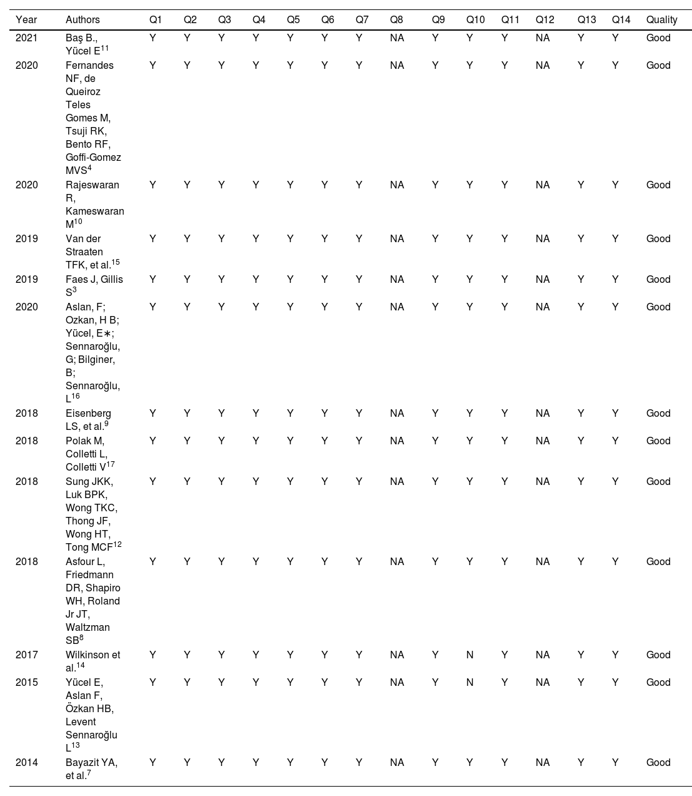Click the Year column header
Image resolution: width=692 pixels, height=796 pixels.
pos(26,20)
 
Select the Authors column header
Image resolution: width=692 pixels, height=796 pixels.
pos(83,20)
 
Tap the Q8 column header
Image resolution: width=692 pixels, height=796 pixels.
pos(396,20)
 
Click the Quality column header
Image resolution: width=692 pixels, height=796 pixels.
pos(661,20)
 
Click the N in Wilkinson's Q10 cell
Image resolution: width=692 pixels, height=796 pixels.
pos(470,655)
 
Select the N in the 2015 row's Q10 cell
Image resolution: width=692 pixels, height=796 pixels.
pos(470,683)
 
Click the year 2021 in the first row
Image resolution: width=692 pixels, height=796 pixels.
pos(27,38)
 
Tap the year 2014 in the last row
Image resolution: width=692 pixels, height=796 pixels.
pos(27,763)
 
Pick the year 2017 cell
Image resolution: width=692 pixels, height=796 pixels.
pos(27,655)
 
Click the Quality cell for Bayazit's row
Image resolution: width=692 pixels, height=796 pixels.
pos(658,763)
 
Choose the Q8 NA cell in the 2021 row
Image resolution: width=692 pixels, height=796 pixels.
pos(396,38)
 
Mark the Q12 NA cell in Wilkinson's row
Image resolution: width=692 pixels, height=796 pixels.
pos(543,655)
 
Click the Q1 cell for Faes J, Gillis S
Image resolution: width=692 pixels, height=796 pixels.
pos(153,280)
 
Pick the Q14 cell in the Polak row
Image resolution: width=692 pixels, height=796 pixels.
pos(615,441)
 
